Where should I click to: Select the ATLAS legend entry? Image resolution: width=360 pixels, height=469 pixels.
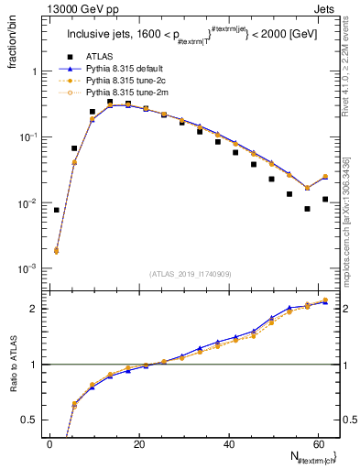100,57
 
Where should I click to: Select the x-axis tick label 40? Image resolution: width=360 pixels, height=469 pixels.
228,443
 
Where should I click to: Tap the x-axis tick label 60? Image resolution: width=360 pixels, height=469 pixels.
317,443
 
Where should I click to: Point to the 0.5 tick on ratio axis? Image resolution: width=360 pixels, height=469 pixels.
31,420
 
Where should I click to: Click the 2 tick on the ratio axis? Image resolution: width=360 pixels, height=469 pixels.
34,309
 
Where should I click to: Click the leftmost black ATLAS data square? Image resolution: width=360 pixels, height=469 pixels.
57,210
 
